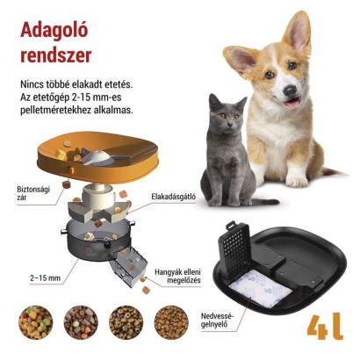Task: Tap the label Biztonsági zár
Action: point(35,192)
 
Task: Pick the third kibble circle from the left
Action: point(126,323)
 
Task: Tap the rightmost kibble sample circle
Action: point(171,323)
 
